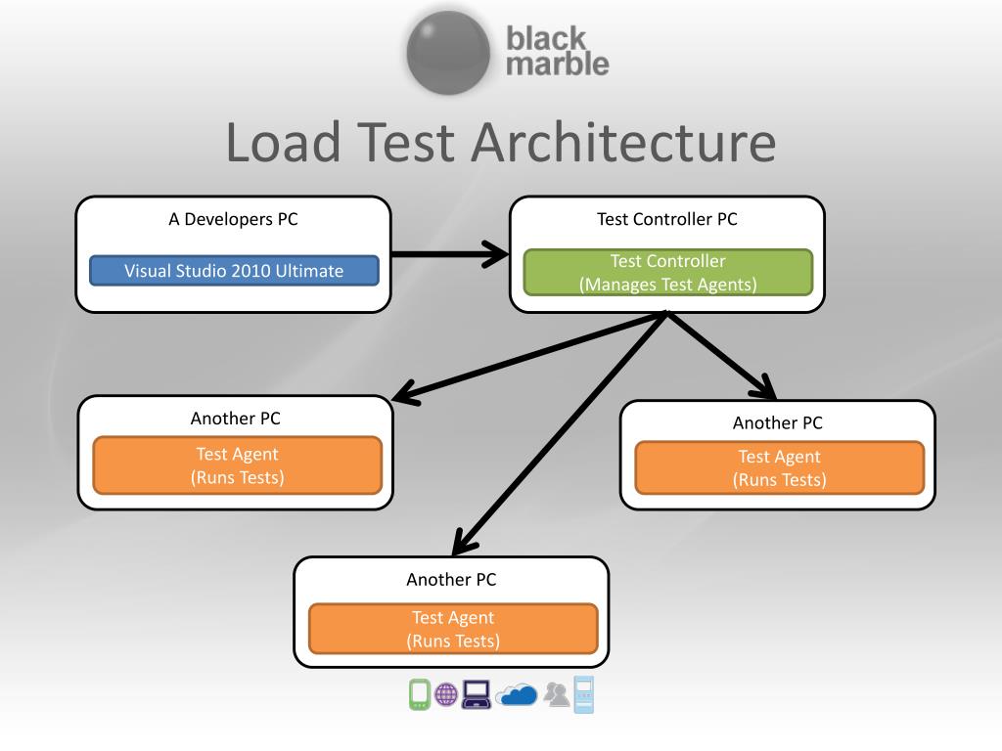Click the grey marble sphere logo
point(448,53)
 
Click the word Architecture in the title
point(623,142)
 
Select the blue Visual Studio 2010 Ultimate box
point(234,271)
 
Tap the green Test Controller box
point(667,273)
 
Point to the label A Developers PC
point(233,219)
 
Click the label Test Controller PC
point(667,219)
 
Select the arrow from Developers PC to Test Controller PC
point(450,254)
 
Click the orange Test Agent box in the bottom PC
point(453,629)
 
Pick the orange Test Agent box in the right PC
point(780,467)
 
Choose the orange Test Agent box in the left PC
point(237,465)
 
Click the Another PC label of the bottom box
point(451,579)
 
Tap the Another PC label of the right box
point(778,422)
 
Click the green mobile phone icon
point(419,694)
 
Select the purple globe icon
point(446,694)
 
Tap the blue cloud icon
point(517,694)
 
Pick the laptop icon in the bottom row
point(477,694)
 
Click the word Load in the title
point(283,142)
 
